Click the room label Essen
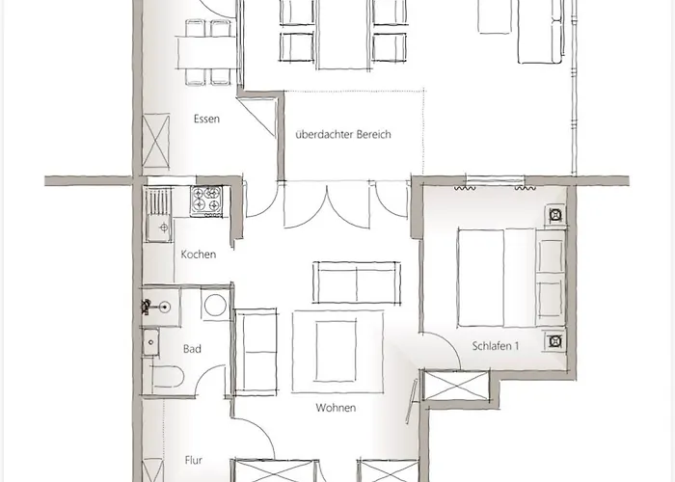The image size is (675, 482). pos(206,120)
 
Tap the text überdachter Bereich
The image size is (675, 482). pos(343,135)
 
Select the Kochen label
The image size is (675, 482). pos(198,254)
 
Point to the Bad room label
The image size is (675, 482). pos(192,349)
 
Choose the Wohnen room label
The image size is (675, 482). pos(336,408)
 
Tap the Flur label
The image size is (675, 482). pos(194,461)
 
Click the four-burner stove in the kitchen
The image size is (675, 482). pos(207,200)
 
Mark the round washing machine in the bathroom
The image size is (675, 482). pos(216,306)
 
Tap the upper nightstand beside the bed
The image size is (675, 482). pos(555,215)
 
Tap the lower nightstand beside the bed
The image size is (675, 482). pos(555,339)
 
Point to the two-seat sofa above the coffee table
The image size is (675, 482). pos(354,281)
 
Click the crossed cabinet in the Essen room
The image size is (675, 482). pos(156,142)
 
